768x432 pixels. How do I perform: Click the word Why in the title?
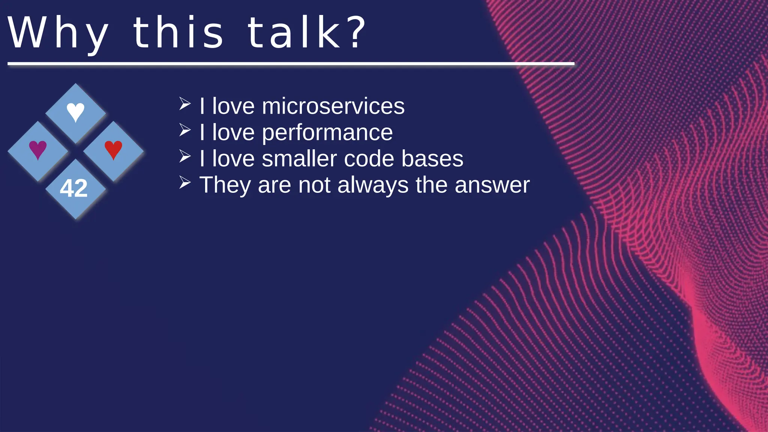coord(58,33)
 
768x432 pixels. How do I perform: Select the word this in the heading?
coord(178,33)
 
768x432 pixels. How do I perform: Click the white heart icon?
coord(75,112)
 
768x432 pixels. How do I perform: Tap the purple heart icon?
coord(38,150)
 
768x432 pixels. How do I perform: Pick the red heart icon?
coord(113,150)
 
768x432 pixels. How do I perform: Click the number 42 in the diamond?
coord(74,188)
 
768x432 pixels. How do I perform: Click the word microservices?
coord(333,106)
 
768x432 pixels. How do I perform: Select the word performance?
coord(327,133)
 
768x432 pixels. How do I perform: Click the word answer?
coord(492,185)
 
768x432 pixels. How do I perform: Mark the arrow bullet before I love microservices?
coord(185,104)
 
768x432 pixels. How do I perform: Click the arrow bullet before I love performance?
coord(185,130)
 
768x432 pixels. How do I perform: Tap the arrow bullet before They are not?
coord(185,183)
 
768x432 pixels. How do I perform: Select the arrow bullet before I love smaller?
coord(185,156)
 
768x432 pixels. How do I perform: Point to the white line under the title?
coord(291,64)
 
